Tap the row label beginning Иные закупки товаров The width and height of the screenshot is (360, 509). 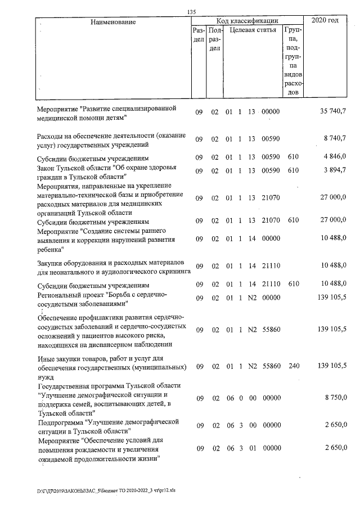[111, 366]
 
